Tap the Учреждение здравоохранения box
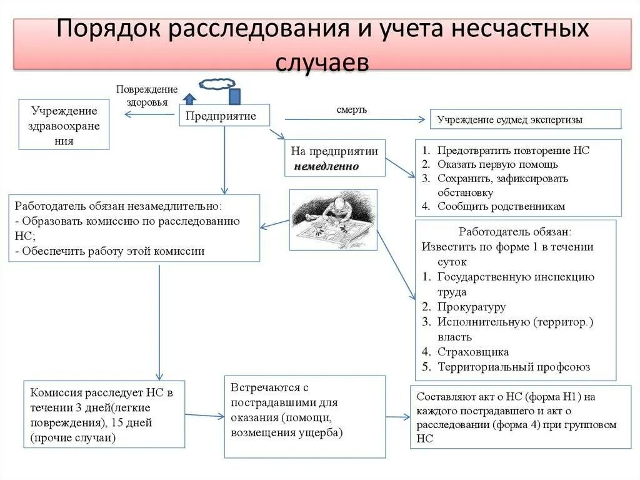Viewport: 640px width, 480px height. [64, 125]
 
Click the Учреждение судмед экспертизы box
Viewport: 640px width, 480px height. [526, 119]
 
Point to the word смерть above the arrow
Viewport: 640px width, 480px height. [352, 110]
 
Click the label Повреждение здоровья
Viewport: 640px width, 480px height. [147, 96]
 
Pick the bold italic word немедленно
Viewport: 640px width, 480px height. [327, 166]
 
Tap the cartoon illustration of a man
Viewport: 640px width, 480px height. [333, 220]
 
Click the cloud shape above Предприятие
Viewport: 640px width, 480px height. [217, 83]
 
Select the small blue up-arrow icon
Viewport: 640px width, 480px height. [189, 98]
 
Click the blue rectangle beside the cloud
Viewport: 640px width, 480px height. [234, 96]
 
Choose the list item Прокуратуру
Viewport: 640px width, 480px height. [471, 307]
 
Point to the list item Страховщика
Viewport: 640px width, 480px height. [472, 352]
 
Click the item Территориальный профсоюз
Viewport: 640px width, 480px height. [513, 367]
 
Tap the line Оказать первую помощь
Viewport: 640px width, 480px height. [497, 165]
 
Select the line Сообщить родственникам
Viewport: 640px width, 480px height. [501, 206]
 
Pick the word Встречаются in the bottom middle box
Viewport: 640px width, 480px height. [261, 387]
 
